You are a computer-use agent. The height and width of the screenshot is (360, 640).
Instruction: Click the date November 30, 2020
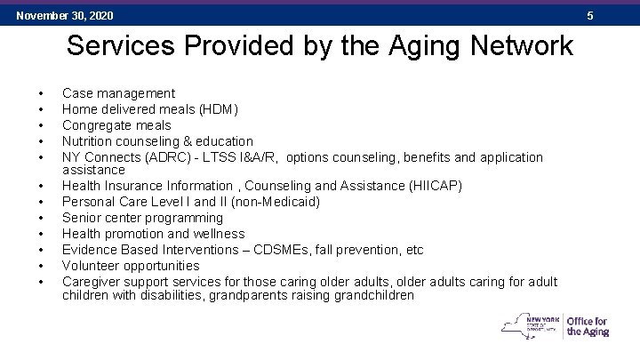tap(65, 16)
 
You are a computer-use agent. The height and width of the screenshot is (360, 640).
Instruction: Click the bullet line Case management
tap(118, 93)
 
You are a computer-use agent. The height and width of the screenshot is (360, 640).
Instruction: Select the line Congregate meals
tap(117, 125)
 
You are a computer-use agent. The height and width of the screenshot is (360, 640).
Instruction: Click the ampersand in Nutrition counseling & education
tap(188, 141)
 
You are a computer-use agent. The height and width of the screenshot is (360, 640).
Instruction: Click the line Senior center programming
tap(141, 218)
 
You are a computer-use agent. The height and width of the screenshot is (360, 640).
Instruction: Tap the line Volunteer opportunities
tap(131, 266)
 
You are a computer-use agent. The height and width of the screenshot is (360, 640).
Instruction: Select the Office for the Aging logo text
tap(588, 326)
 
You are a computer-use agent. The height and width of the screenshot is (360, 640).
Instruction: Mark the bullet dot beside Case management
tap(41, 93)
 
